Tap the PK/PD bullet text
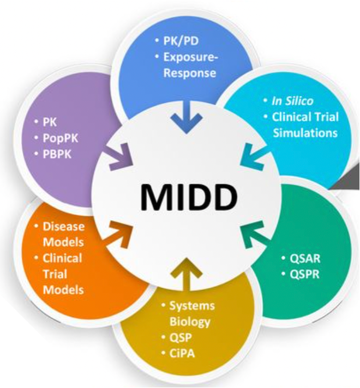click(x=184, y=41)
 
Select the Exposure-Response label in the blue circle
click(x=190, y=65)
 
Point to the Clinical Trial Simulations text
click(x=305, y=125)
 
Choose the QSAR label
click(x=301, y=257)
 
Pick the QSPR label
click(x=301, y=273)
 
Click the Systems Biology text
click(x=190, y=313)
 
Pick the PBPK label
click(x=58, y=154)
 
